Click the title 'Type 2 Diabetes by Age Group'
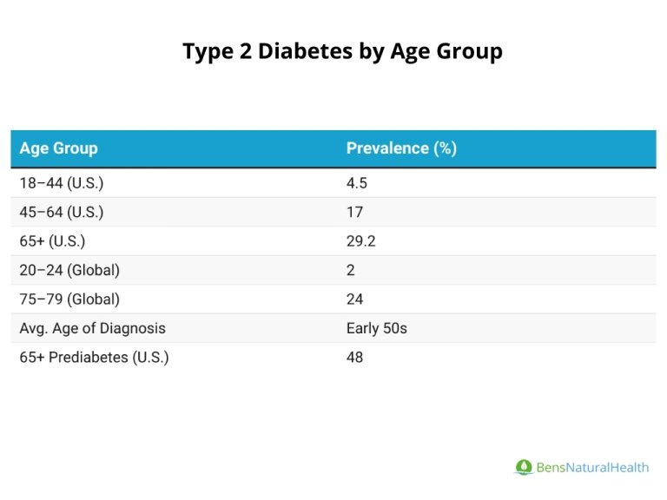[342, 51]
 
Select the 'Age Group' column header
[58, 148]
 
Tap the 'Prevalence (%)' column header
[401, 148]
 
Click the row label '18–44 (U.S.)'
[61, 183]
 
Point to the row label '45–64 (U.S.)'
[61, 212]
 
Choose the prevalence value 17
[354, 212]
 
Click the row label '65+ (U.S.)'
[52, 241]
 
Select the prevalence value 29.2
[360, 241]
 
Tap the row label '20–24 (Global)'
[69, 270]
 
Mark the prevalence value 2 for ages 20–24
[351, 270]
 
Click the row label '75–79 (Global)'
[69, 299]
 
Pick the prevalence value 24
[354, 299]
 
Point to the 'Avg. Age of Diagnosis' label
[92, 328]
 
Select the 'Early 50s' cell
[376, 328]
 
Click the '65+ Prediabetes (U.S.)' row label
[94, 358]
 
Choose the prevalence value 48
[354, 358]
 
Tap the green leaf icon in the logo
[523, 468]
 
